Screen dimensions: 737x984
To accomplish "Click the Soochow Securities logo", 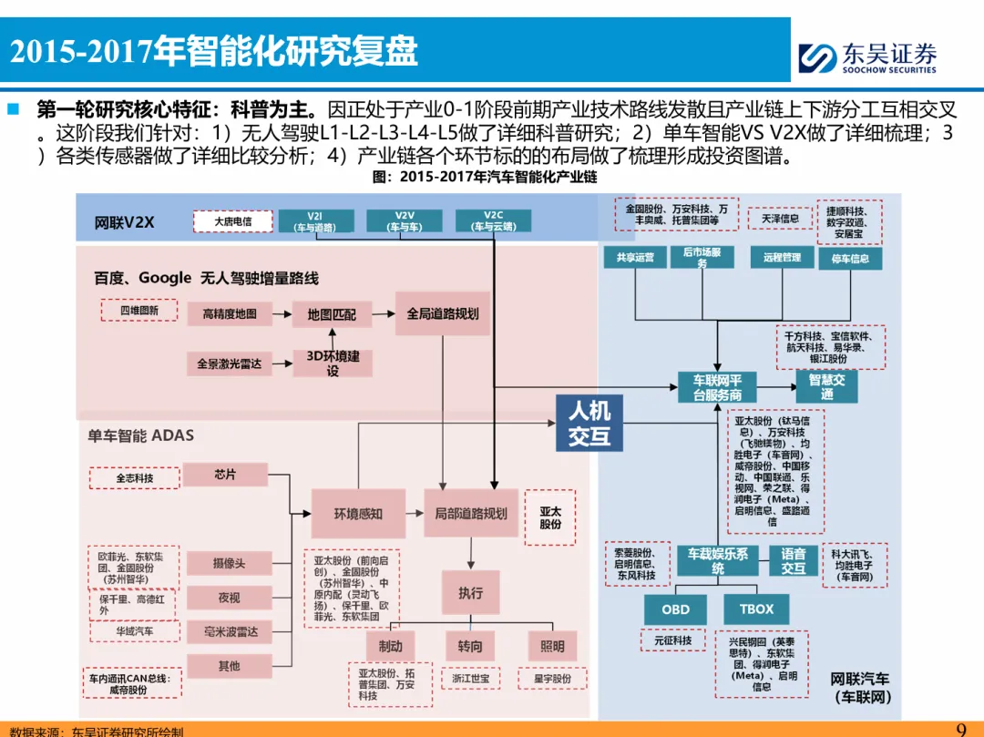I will [866, 57].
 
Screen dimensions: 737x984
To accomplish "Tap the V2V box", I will [404, 221].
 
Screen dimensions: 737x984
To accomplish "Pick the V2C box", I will [493, 221].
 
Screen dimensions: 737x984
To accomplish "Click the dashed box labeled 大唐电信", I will [233, 221].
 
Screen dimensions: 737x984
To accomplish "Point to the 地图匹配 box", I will [332, 314].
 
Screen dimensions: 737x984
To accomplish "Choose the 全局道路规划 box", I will [442, 313].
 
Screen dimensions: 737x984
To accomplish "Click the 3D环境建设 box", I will [332, 363].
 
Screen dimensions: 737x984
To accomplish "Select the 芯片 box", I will [225, 475].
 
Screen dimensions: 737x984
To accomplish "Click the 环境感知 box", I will [358, 514].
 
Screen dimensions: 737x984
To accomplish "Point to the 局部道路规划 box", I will [470, 514].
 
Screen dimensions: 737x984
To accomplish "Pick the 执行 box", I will [470, 593].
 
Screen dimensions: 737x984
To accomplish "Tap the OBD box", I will [675, 609].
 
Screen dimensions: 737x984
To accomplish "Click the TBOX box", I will [756, 609].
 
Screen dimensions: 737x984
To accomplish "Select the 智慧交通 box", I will [826, 386].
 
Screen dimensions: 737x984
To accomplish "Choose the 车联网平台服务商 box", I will [717, 387].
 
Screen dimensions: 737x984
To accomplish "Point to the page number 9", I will [961, 729].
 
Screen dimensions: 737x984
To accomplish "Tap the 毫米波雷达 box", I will [229, 631].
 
